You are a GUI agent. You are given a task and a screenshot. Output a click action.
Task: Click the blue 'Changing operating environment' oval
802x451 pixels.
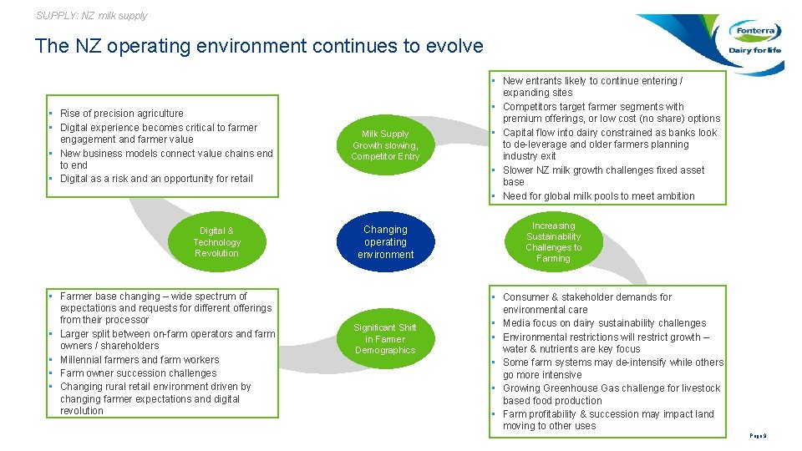click(x=385, y=242)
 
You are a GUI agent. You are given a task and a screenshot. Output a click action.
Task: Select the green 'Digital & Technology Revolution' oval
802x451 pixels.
click(x=216, y=242)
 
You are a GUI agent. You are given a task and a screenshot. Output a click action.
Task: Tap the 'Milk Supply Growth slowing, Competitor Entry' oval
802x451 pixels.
click(x=385, y=145)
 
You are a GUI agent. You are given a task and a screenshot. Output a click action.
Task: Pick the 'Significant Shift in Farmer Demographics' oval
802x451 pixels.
click(x=385, y=339)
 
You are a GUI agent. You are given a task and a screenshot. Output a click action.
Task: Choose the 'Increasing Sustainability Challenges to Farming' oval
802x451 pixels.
click(x=553, y=242)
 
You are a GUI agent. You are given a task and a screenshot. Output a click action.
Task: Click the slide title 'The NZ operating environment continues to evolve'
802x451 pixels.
click(x=259, y=46)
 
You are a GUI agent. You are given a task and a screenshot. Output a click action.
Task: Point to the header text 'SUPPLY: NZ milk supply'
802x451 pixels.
click(x=92, y=15)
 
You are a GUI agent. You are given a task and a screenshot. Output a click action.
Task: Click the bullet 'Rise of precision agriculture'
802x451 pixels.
click(x=121, y=114)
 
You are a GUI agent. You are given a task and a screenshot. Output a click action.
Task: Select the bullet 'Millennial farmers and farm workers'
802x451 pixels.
click(x=140, y=360)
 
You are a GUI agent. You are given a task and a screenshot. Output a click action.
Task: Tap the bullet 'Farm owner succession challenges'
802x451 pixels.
click(x=138, y=373)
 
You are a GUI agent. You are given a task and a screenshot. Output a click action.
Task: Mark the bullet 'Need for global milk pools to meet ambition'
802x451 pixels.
click(x=598, y=196)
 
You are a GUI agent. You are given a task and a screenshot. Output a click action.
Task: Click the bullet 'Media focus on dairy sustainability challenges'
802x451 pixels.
click(x=604, y=323)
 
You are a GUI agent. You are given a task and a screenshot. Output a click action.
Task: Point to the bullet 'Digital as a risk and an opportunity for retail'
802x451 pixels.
click(x=155, y=179)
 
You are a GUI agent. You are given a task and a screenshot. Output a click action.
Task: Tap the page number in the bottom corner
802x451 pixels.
click(x=759, y=436)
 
